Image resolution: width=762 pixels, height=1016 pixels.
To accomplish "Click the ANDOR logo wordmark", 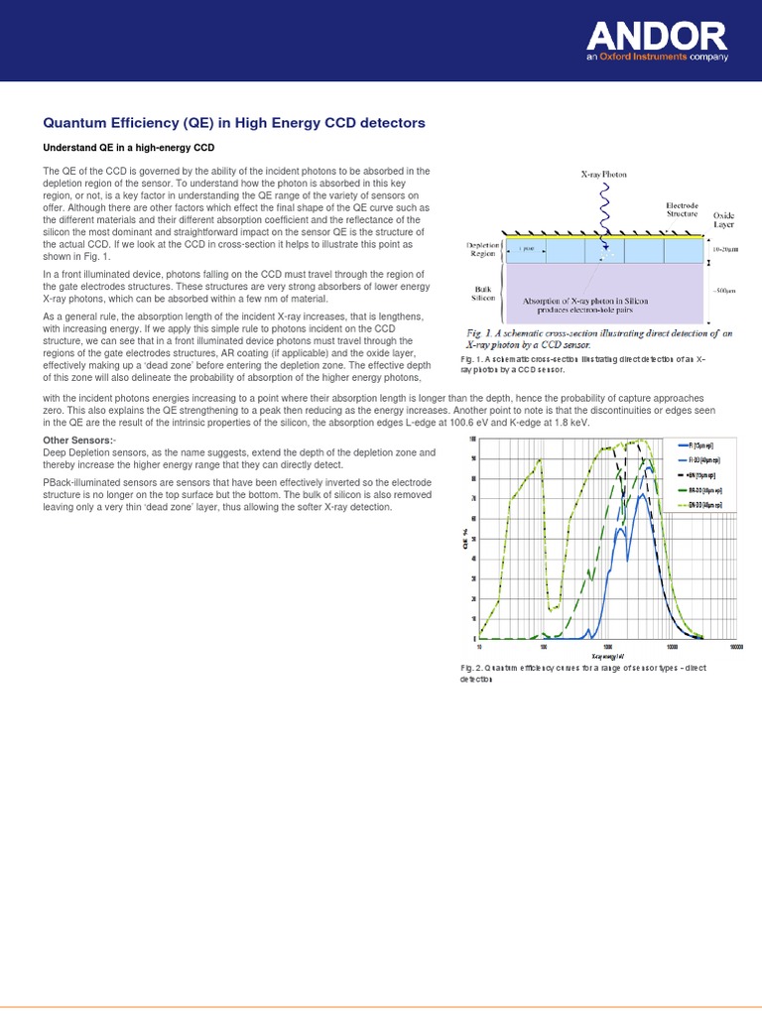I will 657,37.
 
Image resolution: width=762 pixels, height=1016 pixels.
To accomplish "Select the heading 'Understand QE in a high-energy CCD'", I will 129,148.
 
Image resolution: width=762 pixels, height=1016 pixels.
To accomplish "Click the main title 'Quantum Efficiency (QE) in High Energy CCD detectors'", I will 234,123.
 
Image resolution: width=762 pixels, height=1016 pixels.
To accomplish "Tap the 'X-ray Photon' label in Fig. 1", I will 603,174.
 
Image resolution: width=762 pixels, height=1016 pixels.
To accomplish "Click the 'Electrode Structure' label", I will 682,209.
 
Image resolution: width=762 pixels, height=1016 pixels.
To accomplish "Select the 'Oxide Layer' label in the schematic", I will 724,218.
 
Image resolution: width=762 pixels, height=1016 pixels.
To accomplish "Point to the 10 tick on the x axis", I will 479,646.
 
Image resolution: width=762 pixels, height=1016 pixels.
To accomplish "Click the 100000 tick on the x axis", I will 736,646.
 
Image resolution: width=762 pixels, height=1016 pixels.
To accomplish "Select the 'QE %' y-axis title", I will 464,540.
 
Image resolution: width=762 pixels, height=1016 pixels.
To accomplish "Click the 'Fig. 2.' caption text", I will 473,669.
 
